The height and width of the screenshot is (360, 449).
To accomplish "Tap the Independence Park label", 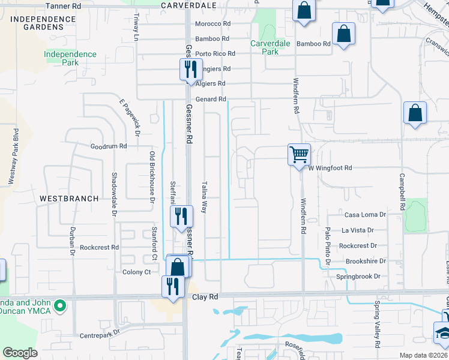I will (x=70, y=58).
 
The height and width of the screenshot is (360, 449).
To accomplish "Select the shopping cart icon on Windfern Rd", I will (x=299, y=155).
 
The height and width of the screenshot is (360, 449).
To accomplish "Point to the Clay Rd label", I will (x=203, y=296).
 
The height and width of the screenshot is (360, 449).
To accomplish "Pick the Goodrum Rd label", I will (x=109, y=146).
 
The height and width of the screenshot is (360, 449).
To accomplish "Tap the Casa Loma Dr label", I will (x=364, y=214).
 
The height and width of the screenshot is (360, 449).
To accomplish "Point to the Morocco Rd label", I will (x=212, y=24).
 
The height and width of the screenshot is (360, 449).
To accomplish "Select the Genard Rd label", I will (x=210, y=99).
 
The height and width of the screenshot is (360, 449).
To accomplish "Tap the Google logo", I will (x=20, y=353).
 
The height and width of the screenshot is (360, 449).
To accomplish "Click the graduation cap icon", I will (x=444, y=331).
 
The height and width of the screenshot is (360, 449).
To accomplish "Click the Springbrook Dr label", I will (x=358, y=277).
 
